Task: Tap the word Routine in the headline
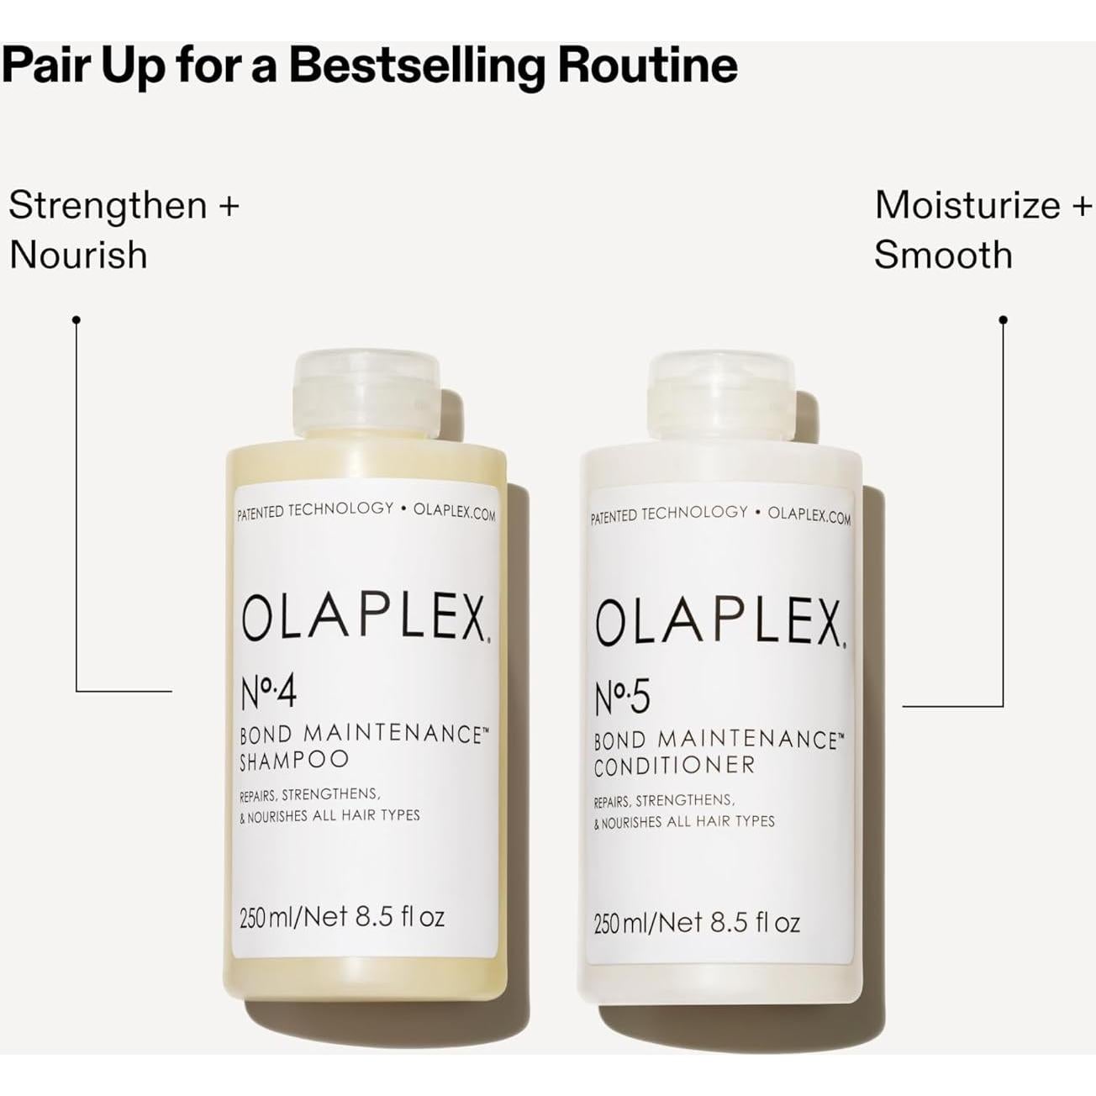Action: click(x=648, y=66)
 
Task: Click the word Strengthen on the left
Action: click(x=108, y=206)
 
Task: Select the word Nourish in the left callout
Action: click(x=78, y=255)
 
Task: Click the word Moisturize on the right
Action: click(x=967, y=206)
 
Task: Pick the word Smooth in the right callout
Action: click(x=943, y=255)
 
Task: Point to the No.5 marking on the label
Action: click(x=623, y=698)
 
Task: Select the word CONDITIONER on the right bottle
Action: click(x=674, y=766)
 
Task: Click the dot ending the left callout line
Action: click(x=76, y=319)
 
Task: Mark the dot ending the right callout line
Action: click(x=1003, y=319)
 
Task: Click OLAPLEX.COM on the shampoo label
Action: click(x=455, y=512)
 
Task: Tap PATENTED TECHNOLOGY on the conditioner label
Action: click(x=669, y=514)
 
